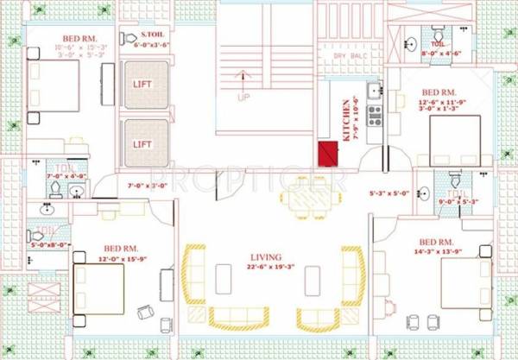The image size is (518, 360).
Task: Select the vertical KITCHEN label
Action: (346, 120)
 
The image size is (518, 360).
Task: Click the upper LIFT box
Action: (143, 85)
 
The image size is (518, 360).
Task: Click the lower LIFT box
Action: (143, 143)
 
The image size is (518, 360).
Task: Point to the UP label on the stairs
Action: (243, 97)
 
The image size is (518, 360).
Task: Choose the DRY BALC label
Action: (350, 56)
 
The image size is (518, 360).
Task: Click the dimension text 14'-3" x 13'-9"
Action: (441, 252)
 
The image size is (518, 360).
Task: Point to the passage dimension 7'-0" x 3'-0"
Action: (146, 185)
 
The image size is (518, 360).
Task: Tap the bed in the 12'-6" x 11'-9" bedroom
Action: (453, 141)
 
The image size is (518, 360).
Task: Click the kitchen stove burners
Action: (374, 115)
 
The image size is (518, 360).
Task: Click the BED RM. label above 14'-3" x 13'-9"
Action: (439, 242)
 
